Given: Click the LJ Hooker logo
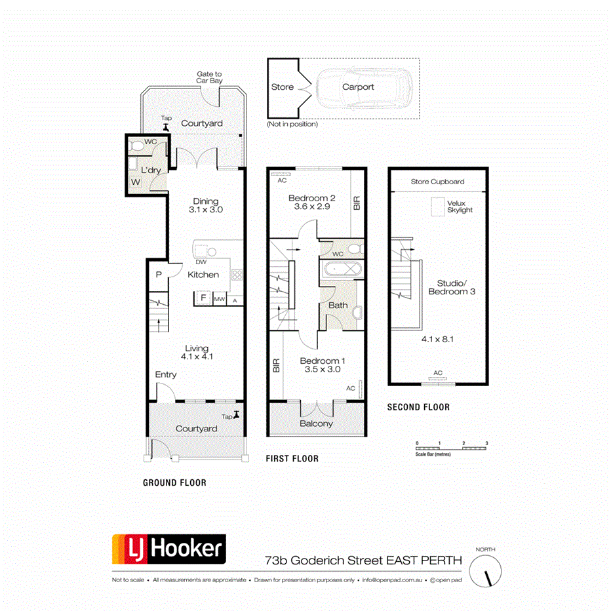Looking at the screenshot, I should coord(169,549).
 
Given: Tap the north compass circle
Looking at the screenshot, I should coord(487,567).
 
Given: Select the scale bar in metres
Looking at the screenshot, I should coord(452,448).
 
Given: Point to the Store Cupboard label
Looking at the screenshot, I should coord(437,182).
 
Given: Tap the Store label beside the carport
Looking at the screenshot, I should coord(283,87).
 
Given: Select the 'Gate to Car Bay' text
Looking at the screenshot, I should coord(209,78).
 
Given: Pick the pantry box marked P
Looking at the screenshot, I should coord(158,275).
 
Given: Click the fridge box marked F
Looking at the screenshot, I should coord(203,299).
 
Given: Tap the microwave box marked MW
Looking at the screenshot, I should coord(220,300).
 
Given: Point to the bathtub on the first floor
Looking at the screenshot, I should coord(340,269).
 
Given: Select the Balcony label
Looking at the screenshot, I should coord(316,424).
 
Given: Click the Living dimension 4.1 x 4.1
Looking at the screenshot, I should coord(197,357).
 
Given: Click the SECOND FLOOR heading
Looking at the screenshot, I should coord(418,407).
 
